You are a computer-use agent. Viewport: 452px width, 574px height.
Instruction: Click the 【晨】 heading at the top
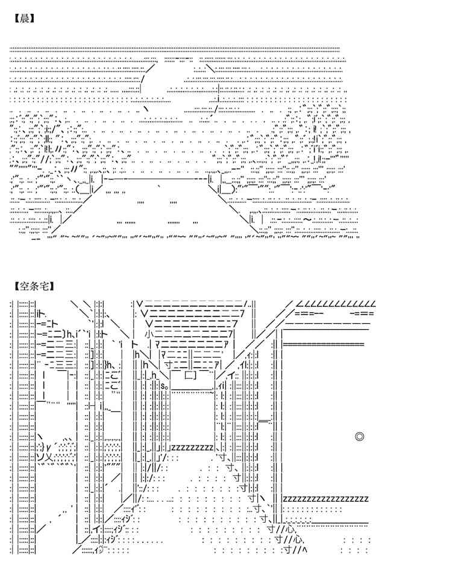click(x=23, y=18)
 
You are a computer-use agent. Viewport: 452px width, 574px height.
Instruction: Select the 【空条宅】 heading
click(x=31, y=285)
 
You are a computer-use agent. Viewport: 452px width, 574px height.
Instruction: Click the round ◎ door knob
click(x=359, y=436)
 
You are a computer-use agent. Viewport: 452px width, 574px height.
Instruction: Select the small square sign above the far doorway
click(x=189, y=375)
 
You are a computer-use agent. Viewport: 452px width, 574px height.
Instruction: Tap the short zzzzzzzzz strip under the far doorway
click(x=192, y=447)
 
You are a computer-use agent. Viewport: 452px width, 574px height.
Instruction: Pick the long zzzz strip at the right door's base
click(x=325, y=499)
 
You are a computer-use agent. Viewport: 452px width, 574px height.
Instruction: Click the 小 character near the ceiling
click(x=148, y=333)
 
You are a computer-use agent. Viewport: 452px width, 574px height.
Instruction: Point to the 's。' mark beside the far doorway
click(x=164, y=386)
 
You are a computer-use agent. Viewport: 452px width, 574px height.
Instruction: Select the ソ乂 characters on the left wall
click(x=46, y=456)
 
